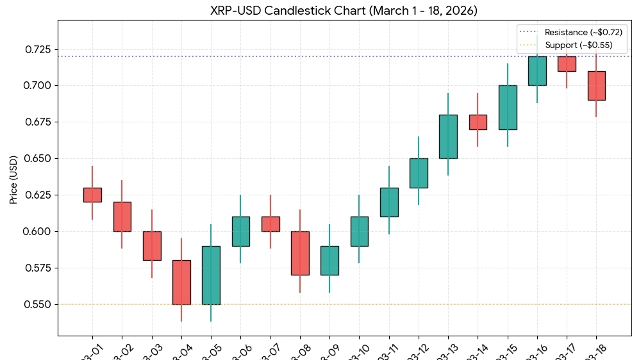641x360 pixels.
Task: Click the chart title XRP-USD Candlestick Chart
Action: click(x=344, y=10)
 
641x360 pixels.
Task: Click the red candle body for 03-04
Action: click(x=181, y=282)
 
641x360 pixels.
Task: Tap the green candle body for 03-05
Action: click(x=211, y=275)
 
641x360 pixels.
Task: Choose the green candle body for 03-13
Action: click(x=448, y=136)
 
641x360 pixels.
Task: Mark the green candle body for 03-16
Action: click(x=537, y=70)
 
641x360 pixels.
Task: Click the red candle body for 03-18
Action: click(x=596, y=85)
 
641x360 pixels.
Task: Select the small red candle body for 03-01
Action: click(x=92, y=195)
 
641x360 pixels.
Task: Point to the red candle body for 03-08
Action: click(x=300, y=253)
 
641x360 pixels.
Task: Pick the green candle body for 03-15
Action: click(x=508, y=107)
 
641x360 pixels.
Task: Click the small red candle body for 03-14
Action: click(x=478, y=122)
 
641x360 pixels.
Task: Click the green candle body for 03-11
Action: click(x=389, y=202)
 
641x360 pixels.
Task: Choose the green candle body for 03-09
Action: click(x=329, y=260)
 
